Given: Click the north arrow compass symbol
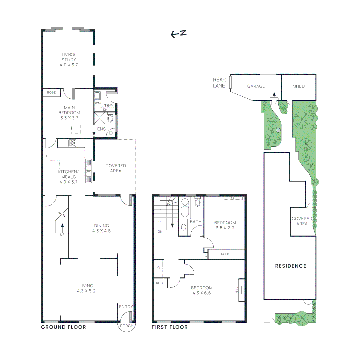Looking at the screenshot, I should pos(178,33).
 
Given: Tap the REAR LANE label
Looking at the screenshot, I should pos(219,83).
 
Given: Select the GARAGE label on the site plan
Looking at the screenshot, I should pos(256,86).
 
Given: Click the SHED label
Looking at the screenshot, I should pos(299,86).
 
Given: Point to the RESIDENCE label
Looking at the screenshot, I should pos(290,266).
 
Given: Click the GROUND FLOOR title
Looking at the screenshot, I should pos(63,327).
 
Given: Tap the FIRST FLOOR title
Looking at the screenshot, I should pos(170,327).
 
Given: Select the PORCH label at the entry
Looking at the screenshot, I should pos(127,326).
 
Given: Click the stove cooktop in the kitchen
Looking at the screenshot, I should pos(72,143).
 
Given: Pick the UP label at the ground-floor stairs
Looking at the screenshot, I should pos(62,234).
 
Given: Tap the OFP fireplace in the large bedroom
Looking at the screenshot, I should pos(240,289).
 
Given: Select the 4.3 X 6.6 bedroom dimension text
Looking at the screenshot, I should pos(202,293).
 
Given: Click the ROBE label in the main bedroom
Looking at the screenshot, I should pos(51,93).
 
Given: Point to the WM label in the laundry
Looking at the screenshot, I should pos(97,103).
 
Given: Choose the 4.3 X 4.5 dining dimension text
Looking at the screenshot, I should pos(101,231).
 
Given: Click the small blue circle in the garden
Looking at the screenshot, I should pos(278,130).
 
